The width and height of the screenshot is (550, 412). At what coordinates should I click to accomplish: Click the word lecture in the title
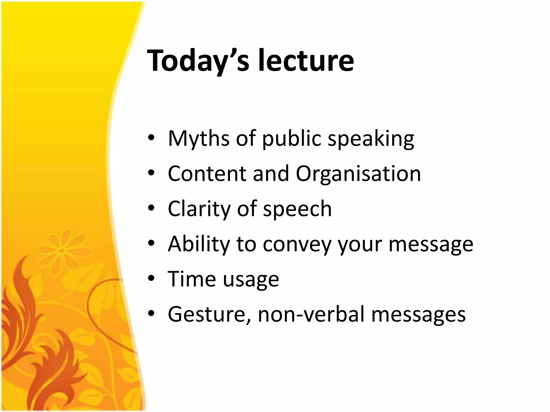pos(306,61)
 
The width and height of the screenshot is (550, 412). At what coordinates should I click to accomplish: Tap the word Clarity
pos(199,209)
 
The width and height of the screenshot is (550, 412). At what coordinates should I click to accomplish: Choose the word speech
pos(297,209)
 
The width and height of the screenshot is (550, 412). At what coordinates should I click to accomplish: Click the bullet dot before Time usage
pos(151,279)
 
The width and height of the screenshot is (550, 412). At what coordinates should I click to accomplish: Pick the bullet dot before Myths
pos(151,139)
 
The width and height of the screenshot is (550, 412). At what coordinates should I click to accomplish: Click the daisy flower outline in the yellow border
pos(61,251)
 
